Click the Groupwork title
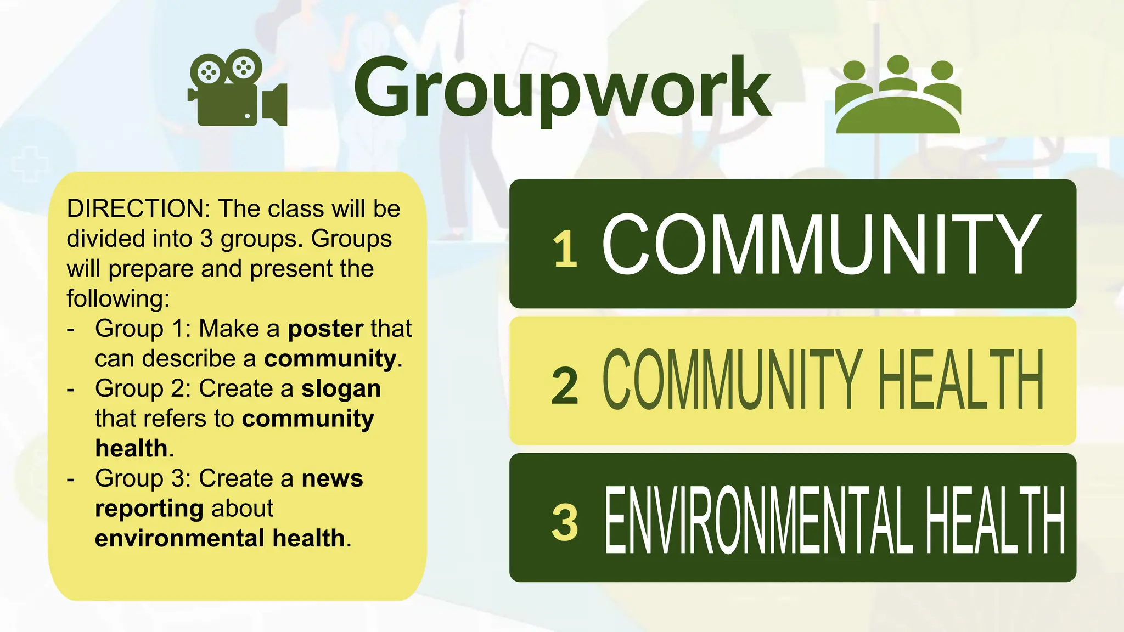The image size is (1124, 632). point(563,88)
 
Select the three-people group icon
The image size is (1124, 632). point(898,96)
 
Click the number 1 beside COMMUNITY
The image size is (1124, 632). point(565,249)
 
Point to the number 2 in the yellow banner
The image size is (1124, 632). point(565,386)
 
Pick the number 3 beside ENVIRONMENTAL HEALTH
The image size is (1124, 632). point(565,522)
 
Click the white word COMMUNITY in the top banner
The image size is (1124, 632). point(822,245)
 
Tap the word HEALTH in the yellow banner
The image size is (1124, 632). point(960,381)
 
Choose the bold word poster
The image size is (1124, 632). point(325,329)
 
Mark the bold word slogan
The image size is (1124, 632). point(341,388)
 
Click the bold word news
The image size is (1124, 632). point(332,478)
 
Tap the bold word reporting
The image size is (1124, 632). point(149,509)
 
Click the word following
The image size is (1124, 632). point(118,299)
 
